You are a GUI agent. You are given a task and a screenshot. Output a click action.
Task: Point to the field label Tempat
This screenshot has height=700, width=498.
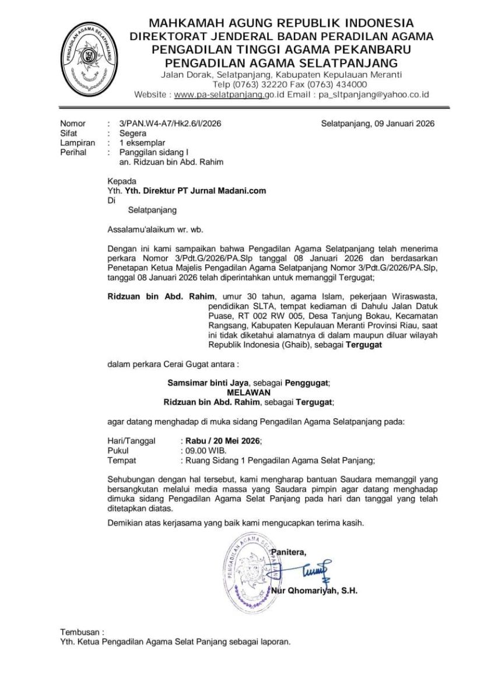[x=122, y=460]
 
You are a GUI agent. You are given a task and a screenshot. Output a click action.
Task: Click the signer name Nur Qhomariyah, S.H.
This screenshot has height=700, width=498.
[x=314, y=590]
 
